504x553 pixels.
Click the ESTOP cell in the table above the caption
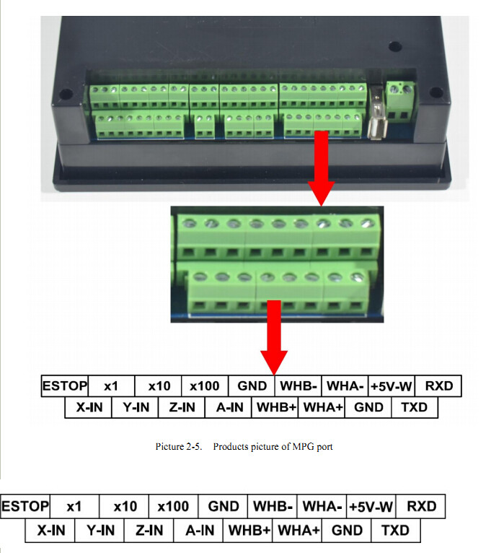pyautogui.click(x=64, y=386)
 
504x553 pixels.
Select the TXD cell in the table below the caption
pyautogui.click(x=396, y=530)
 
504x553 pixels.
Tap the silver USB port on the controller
pyautogui.click(x=377, y=113)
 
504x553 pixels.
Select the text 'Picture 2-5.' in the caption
pyautogui.click(x=179, y=446)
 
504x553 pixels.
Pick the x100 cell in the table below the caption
pyautogui.click(x=173, y=507)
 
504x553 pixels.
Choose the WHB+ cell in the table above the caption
pyautogui.click(x=275, y=407)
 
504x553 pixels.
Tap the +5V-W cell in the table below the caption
pyautogui.click(x=371, y=507)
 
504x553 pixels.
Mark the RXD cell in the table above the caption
pyautogui.click(x=438, y=386)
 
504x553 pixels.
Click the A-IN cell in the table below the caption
pyautogui.click(x=198, y=530)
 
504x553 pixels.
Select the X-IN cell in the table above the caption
pyautogui.click(x=89, y=407)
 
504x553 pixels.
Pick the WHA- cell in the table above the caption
pyautogui.click(x=345, y=386)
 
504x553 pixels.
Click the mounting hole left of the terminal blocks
pyautogui.click(x=66, y=94)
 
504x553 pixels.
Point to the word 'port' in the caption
pyautogui.click(x=324, y=447)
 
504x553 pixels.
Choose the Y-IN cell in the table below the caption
pyautogui.click(x=100, y=530)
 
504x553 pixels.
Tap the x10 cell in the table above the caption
pyautogui.click(x=158, y=386)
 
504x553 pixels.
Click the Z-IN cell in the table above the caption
pyautogui.click(x=182, y=407)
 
